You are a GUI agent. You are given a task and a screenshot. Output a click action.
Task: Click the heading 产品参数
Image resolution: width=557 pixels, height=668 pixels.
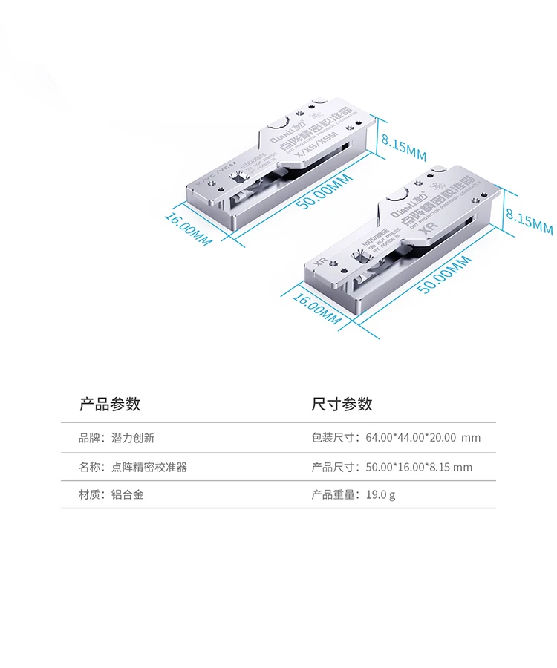[110, 405]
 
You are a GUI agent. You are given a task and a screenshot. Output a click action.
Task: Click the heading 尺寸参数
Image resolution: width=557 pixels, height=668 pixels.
[342, 405]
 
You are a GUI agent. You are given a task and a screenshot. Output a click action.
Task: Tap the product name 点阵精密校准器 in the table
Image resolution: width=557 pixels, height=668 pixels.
[149, 467]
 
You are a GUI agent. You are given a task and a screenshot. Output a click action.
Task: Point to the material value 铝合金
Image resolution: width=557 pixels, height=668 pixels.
[127, 494]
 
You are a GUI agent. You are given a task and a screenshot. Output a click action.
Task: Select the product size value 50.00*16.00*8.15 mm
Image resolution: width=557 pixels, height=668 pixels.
[419, 467]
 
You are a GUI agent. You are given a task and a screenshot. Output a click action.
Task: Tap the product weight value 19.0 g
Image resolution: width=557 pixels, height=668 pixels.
[381, 494]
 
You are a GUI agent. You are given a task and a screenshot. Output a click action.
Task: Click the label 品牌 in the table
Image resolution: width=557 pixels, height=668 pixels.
[89, 438]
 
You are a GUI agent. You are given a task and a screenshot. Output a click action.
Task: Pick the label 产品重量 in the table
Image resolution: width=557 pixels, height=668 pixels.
[331, 494]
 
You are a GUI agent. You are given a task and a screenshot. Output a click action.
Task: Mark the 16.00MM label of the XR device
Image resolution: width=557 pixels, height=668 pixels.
[316, 307]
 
